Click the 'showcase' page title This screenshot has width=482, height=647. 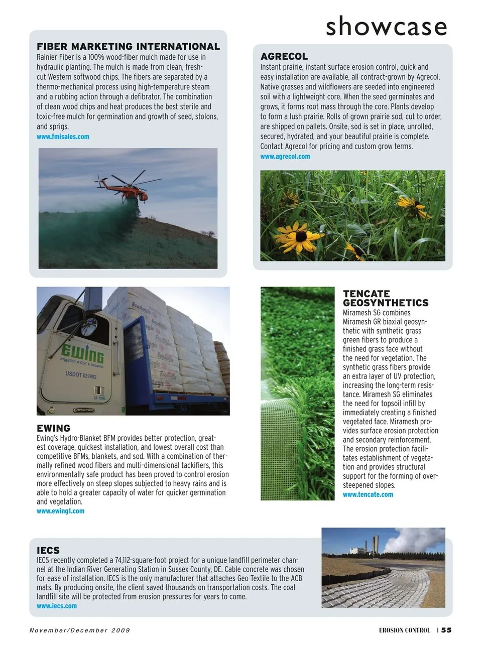pyautogui.click(x=386, y=26)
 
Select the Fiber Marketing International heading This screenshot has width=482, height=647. pyautogui.click(x=128, y=47)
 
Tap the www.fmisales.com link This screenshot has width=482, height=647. pyautogui.click(x=63, y=137)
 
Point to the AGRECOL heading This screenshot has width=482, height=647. pyautogui.click(x=284, y=57)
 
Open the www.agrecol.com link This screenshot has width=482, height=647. pyautogui.click(x=285, y=157)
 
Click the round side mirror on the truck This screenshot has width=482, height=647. pyautogui.click(x=89, y=327)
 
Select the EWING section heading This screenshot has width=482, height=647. pyautogui.click(x=53, y=428)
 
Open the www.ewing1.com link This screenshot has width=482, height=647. pyautogui.click(x=60, y=511)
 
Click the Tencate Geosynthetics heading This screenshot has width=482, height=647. pyautogui.click(x=385, y=298)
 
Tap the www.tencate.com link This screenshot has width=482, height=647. pyautogui.click(x=368, y=494)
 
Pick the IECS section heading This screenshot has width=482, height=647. pyautogui.click(x=48, y=550)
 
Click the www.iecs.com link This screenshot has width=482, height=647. pyautogui.click(x=57, y=606)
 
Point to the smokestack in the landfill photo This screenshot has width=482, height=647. pyautogui.click(x=375, y=545)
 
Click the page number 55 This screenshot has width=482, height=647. pyautogui.click(x=446, y=630)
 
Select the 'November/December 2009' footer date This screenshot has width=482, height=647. pyautogui.click(x=79, y=630)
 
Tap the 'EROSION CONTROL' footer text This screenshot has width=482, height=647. pyautogui.click(x=404, y=630)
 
